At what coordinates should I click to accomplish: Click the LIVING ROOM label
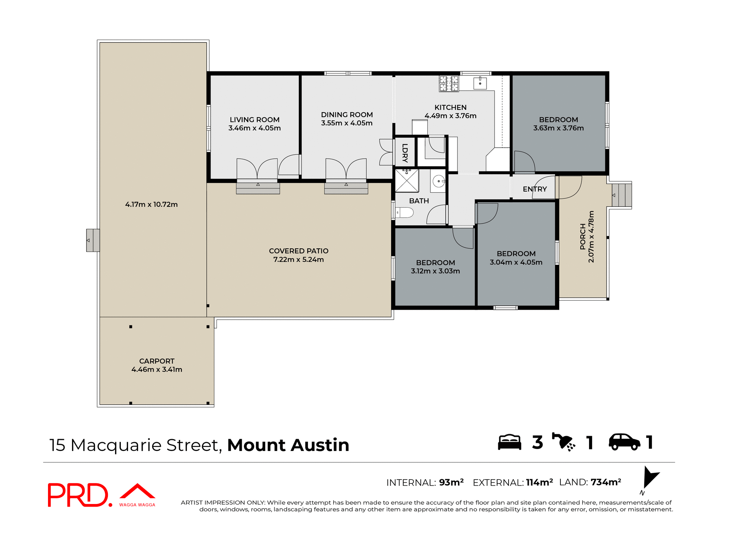(254, 120)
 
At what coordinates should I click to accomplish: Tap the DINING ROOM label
(347, 115)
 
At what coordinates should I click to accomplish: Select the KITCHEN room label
(450, 108)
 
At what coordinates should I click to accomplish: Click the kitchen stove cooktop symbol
(449, 84)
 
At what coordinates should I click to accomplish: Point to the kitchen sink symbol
(480, 83)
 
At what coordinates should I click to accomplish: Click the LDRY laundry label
(405, 153)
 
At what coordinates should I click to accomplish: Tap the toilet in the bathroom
(404, 213)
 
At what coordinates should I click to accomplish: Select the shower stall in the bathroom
(407, 180)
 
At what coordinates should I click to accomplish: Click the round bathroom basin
(438, 181)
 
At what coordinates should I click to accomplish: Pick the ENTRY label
(535, 189)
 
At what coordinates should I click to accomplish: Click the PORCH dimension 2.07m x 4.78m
(591, 237)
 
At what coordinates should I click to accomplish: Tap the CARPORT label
(157, 361)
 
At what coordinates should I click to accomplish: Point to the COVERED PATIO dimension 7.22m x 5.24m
(299, 259)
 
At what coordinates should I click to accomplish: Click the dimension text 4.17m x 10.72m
(151, 204)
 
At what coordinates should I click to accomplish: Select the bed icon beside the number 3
(509, 442)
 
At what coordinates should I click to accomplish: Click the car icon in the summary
(624, 442)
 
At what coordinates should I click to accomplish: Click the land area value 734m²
(606, 482)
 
